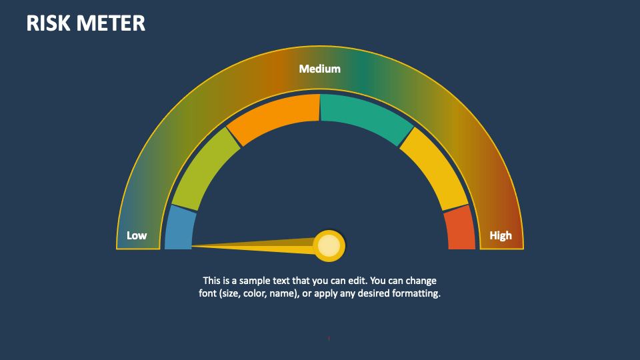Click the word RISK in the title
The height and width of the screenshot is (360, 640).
[x=49, y=23]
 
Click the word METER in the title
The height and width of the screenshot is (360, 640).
[x=111, y=23]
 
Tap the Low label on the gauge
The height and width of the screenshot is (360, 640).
[x=137, y=235]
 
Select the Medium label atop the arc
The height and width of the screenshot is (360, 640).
[x=319, y=69]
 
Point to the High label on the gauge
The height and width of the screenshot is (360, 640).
[x=501, y=235]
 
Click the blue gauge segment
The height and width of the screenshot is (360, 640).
[x=179, y=229]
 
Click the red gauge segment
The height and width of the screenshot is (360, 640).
[x=460, y=229]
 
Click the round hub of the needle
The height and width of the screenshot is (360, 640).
[x=329, y=246]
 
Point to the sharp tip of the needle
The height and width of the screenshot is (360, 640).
[x=193, y=246]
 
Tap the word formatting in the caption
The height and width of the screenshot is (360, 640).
[x=416, y=293]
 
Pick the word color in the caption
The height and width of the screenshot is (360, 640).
[x=255, y=293]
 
